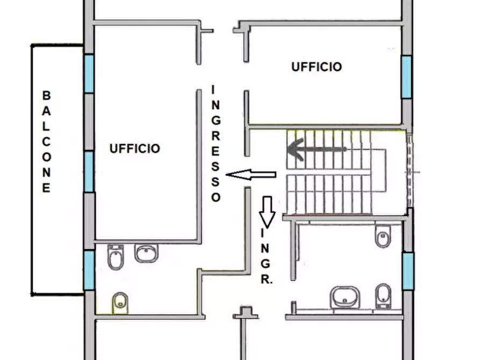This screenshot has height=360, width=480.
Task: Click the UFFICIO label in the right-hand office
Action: [x=317, y=67]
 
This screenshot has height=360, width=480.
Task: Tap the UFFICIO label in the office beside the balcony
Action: [x=135, y=148]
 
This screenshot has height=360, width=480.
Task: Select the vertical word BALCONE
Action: [x=46, y=142]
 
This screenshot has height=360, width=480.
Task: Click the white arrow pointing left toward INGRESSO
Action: [x=251, y=175]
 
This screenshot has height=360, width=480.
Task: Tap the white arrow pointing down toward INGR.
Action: [x=267, y=211]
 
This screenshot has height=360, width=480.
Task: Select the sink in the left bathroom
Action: [x=146, y=253]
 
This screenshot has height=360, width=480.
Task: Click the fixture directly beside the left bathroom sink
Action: [x=116, y=257]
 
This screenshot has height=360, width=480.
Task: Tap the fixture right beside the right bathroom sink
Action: [x=382, y=296]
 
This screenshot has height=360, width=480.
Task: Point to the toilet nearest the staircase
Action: [x=383, y=236]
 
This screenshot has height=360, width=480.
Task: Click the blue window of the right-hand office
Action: [x=406, y=76]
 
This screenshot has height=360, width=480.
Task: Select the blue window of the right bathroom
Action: [x=408, y=271]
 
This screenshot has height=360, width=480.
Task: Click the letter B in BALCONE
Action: [x=46, y=96]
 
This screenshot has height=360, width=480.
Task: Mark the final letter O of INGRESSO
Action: [x=216, y=197]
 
